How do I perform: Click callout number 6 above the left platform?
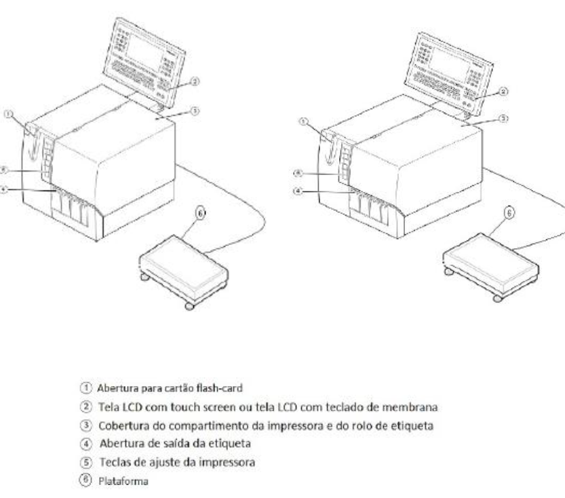tap(201, 213)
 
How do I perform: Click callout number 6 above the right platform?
tap(509, 212)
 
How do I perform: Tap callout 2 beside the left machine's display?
tap(195, 81)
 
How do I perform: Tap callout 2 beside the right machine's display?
tap(503, 92)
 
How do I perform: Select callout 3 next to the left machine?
tap(195, 111)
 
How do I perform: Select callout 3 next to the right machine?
tap(503, 119)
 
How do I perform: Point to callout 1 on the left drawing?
tap(8, 114)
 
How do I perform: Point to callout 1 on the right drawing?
tap(303, 122)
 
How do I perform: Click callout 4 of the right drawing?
tap(298, 191)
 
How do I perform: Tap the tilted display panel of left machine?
tap(144, 63)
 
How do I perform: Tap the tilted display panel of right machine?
tap(448, 74)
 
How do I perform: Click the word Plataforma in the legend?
tap(123, 481)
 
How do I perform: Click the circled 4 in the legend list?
tap(85, 444)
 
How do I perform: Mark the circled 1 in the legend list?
tap(85, 388)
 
